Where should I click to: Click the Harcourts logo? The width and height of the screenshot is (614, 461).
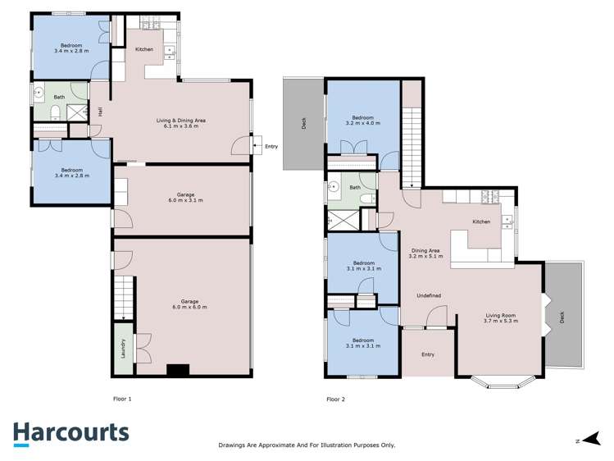[70, 433]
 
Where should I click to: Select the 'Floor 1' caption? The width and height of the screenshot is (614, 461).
[122, 399]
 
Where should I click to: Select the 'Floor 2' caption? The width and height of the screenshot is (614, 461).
[335, 399]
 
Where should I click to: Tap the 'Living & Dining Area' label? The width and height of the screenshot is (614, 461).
[180, 123]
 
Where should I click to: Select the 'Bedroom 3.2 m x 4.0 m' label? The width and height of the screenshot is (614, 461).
[362, 121]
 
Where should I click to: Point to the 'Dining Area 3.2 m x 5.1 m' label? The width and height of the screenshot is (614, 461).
[425, 253]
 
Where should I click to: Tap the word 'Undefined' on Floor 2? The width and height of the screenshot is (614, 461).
[429, 295]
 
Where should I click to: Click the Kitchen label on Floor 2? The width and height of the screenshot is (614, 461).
[481, 221]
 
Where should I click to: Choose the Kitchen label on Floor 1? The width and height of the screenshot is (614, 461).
[144, 50]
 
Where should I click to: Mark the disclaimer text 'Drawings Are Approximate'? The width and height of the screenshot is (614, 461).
[307, 445]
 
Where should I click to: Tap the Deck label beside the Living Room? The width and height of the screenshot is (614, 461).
[562, 316]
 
